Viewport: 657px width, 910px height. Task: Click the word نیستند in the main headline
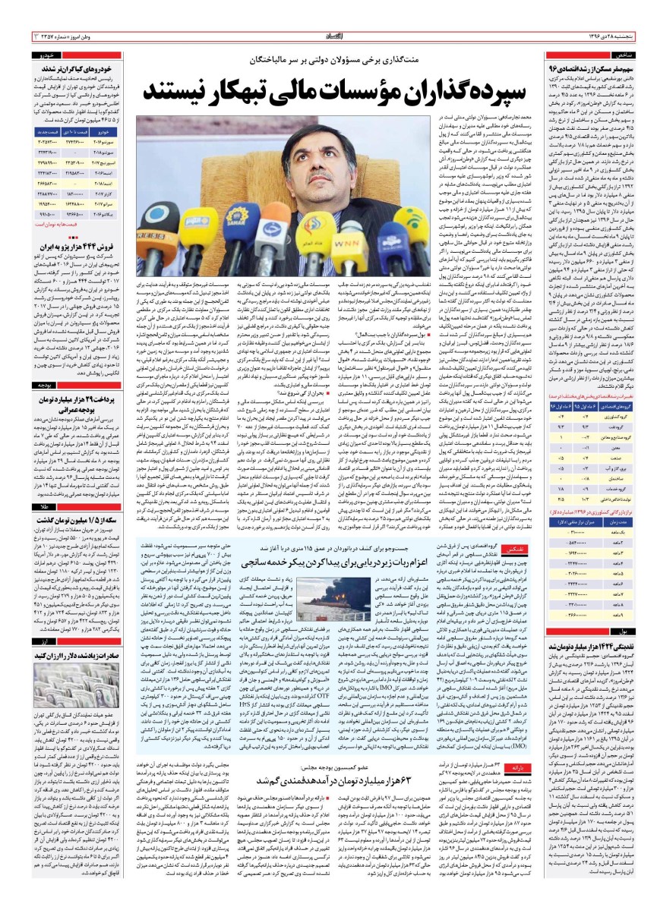pos(177,89)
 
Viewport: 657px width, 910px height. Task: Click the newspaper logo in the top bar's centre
pos(328,36)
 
